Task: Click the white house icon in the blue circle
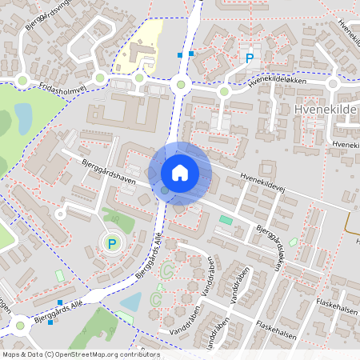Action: pyautogui.click(x=180, y=172)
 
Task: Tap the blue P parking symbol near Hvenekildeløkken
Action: pyautogui.click(x=250, y=58)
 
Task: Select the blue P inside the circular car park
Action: pyautogui.click(x=112, y=244)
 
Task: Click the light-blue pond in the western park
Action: pyautogui.click(x=22, y=118)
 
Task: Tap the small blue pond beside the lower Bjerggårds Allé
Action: pyautogui.click(x=131, y=302)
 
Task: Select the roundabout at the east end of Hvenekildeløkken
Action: pyautogui.click(x=334, y=83)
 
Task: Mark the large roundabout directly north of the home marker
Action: pyautogui.click(x=181, y=85)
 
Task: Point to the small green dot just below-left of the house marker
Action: pyautogui.click(x=164, y=190)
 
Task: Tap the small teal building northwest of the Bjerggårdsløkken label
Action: pyautogui.click(x=226, y=219)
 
